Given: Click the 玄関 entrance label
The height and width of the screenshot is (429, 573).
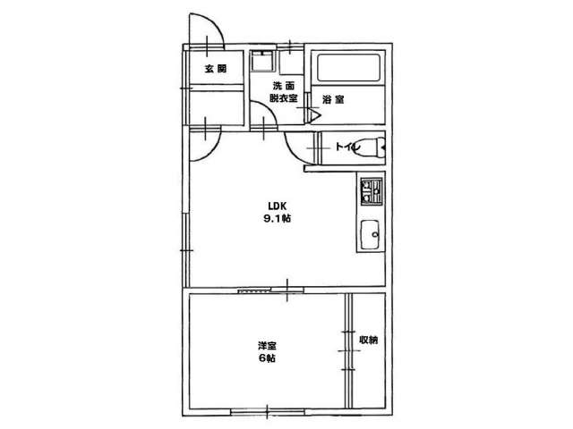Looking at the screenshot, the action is click(216, 69).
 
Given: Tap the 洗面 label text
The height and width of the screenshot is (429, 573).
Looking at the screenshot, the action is click(284, 86).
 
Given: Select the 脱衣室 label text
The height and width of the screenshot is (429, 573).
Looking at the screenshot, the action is click(284, 98).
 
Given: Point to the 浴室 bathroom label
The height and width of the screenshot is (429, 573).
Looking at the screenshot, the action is click(333, 99).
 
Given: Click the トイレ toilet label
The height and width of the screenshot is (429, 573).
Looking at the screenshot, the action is click(347, 147).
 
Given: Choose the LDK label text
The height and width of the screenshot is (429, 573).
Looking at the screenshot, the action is click(277, 206).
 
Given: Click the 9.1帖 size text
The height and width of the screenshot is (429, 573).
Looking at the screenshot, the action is click(278, 218).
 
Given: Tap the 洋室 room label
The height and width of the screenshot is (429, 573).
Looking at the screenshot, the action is click(267, 345).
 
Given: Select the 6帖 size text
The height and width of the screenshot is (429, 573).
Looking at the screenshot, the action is click(267, 358).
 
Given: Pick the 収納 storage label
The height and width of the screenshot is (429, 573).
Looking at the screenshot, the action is click(369, 340).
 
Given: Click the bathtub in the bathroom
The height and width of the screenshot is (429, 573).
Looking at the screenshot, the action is click(349, 68).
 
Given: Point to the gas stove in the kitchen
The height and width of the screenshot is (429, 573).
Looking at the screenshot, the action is click(372, 191).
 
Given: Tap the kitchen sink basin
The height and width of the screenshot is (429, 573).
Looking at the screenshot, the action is click(371, 235).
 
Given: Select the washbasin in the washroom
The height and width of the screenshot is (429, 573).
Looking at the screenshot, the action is click(262, 61).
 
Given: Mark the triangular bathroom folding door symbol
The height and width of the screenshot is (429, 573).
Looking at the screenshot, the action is click(315, 115).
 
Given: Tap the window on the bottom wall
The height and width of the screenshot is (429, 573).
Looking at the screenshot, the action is click(268, 412).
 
